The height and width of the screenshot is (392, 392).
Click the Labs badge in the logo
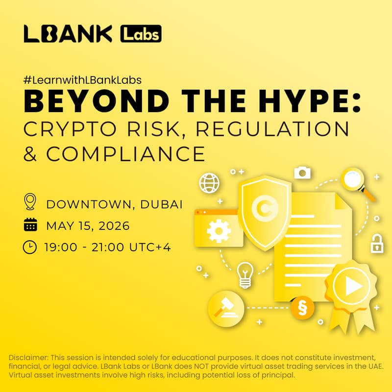[141, 34]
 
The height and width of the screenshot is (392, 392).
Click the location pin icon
[30, 202]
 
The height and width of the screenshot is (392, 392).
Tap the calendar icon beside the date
[30, 225]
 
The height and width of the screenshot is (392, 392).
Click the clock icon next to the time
[30, 247]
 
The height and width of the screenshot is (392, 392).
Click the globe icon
[209, 183]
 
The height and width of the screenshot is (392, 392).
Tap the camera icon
[302, 172]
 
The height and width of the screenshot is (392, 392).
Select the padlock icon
[376, 244]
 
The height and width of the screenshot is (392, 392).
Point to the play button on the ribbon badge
[352, 287]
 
